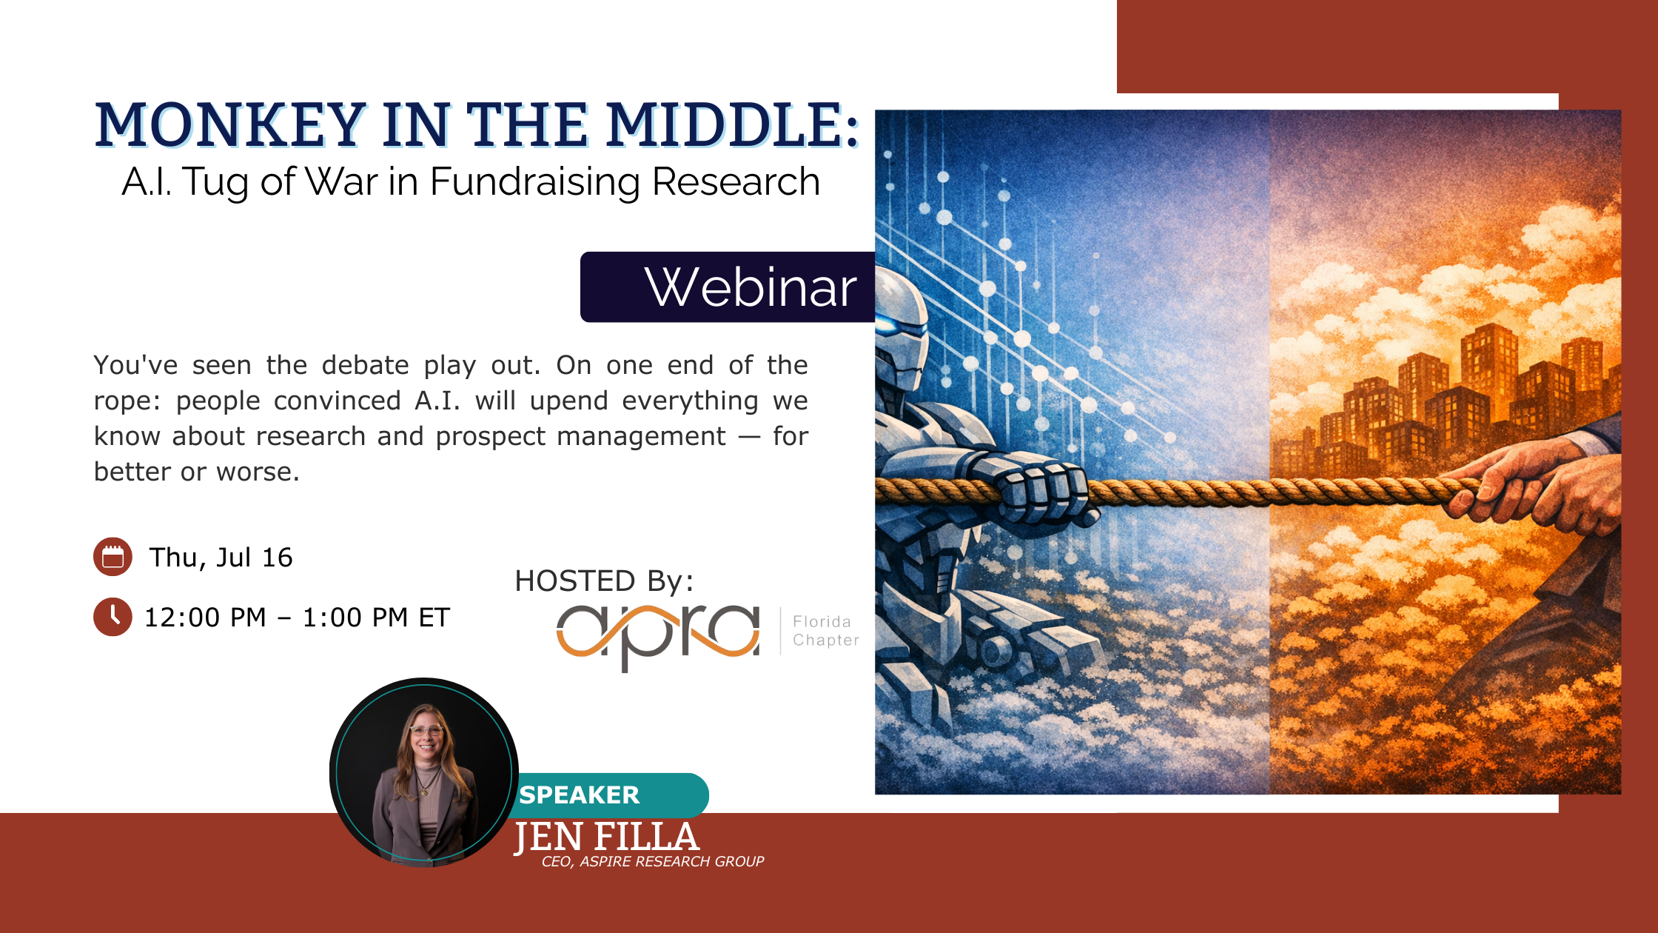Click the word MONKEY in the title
coord(230,124)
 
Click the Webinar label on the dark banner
coord(751,287)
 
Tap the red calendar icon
coord(113,557)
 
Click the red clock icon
coord(113,617)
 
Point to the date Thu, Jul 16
coord(221,558)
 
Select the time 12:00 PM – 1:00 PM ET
coord(297,618)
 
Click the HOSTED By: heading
coord(604,581)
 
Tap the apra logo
coord(658,635)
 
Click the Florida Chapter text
coord(825,631)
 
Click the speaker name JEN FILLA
coord(607,837)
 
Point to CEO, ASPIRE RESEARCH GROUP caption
coord(653,861)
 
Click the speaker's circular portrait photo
coord(424,772)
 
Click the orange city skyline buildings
coord(1443,400)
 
